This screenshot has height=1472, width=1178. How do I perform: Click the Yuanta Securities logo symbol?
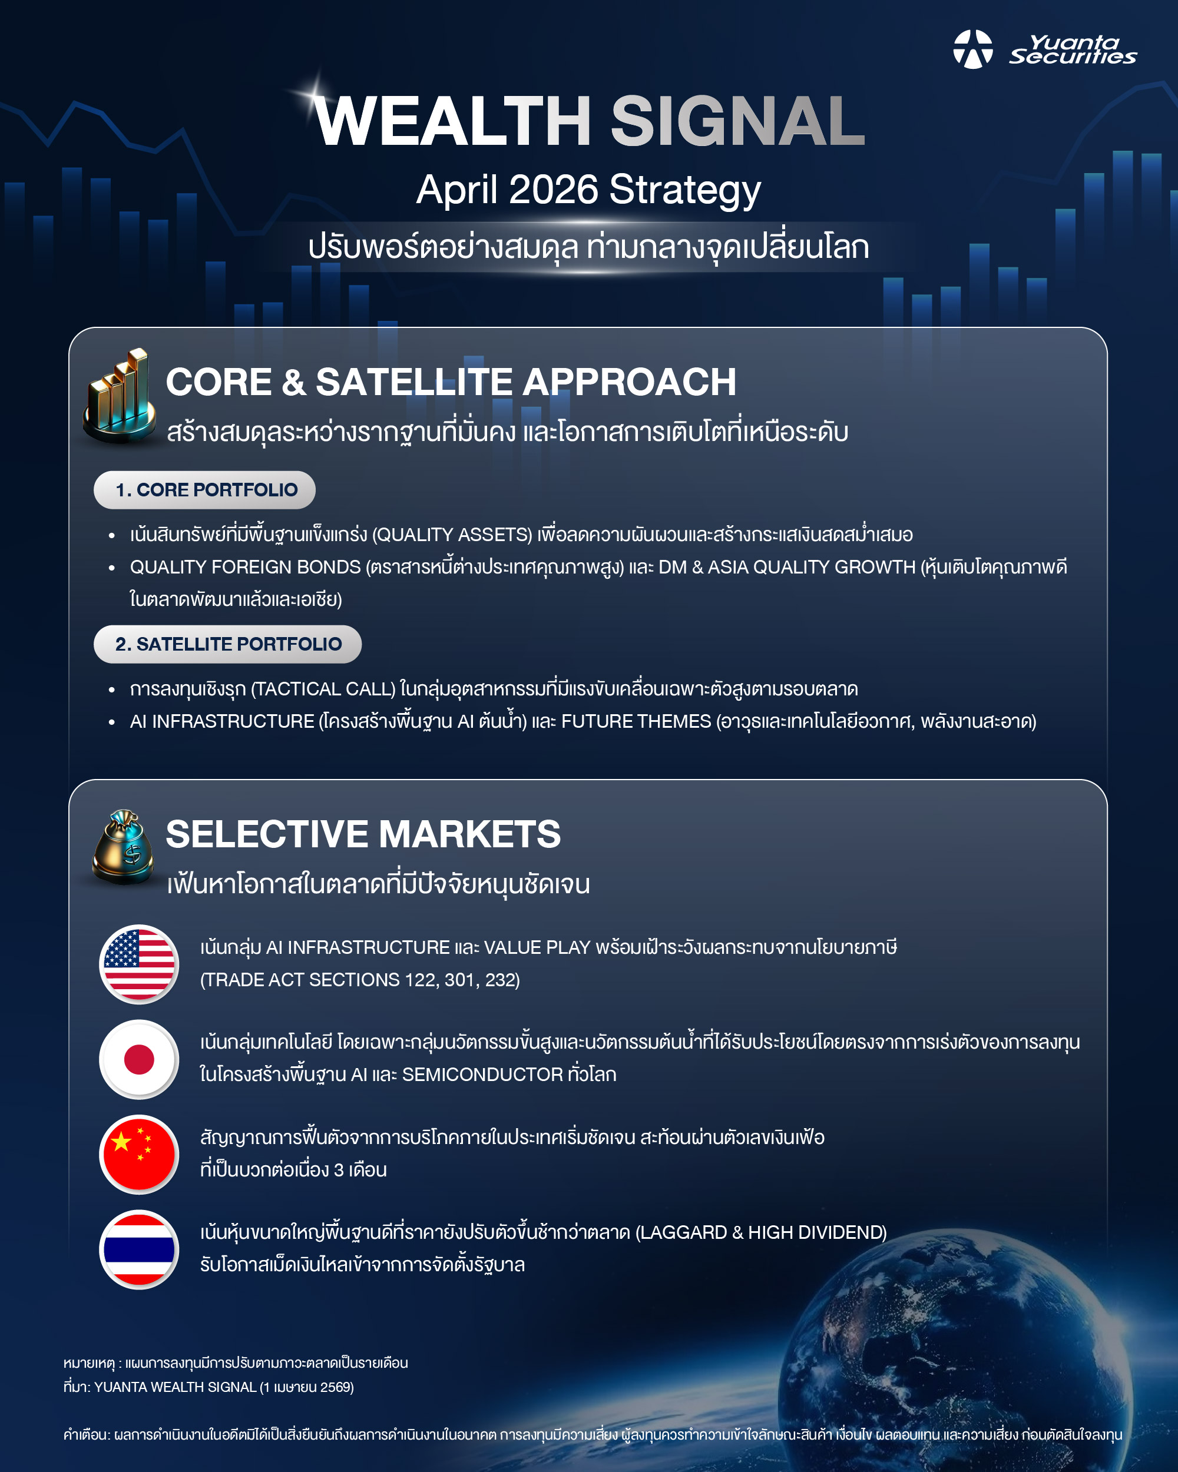[973, 49]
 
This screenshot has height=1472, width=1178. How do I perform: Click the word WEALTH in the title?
[453, 121]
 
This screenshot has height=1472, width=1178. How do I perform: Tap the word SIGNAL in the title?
[737, 121]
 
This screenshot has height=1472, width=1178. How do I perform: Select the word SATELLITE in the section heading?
[413, 382]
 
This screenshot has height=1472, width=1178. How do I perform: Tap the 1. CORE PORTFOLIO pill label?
[205, 489]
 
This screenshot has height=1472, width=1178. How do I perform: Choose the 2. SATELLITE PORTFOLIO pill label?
[227, 644]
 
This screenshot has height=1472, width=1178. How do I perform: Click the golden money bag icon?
[123, 847]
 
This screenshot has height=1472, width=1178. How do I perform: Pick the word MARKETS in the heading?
[470, 834]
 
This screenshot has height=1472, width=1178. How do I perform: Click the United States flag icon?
[140, 964]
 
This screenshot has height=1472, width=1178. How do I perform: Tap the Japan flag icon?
[140, 1059]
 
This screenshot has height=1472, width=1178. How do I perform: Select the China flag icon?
[140, 1154]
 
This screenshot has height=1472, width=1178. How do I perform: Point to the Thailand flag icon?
[140, 1249]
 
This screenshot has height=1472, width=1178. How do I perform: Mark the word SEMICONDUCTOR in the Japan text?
[482, 1075]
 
